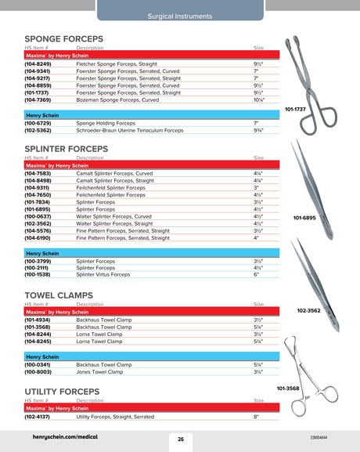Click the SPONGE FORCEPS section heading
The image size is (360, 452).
click(64, 38)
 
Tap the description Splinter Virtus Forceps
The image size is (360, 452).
click(104, 275)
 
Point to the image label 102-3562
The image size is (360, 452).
click(308, 310)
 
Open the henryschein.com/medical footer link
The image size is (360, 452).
click(65, 437)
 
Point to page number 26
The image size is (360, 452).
click(180, 439)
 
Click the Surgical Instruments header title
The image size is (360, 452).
click(179, 16)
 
